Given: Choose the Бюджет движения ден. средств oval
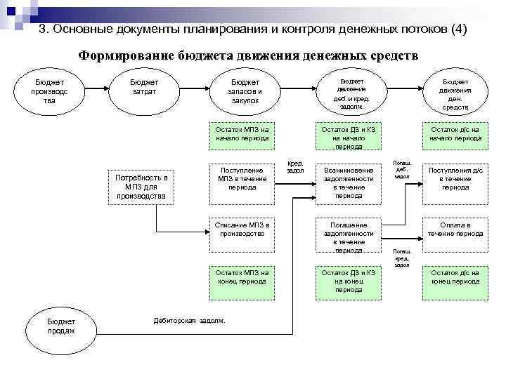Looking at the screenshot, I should tap(455, 93).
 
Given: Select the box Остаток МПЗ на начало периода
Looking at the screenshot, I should tap(242, 134).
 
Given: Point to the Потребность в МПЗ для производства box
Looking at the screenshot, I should tap(145, 187).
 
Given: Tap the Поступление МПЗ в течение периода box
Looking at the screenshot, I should tap(242, 179).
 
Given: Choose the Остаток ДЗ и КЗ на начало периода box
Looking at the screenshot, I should tap(349, 138).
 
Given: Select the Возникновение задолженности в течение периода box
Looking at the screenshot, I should tap(349, 182).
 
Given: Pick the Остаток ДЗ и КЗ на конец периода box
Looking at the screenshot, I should tap(349, 281).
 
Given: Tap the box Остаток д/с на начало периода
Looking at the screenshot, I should tap(455, 134).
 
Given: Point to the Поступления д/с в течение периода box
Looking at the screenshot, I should tap(455, 179).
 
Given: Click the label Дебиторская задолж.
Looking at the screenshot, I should tap(189, 321).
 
